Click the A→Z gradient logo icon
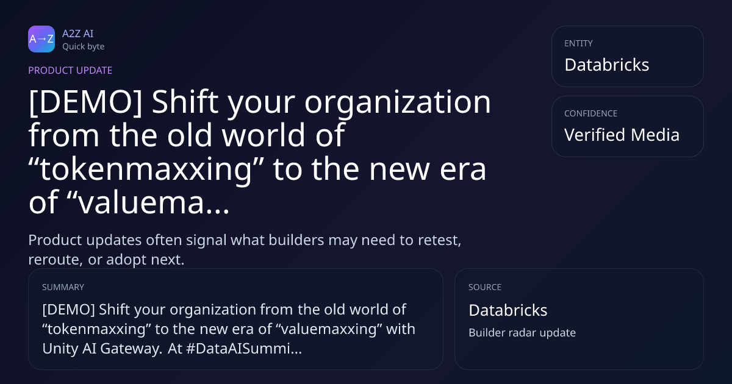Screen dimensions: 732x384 coord(41,39)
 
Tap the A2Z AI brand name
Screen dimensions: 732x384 coord(78,34)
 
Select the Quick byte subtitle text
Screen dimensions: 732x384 coord(84,46)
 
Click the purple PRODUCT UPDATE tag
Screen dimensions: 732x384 coord(70,70)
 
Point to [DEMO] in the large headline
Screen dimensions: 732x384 coord(85,102)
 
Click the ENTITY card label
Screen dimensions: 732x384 coord(578,43)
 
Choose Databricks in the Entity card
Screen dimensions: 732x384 coord(607,65)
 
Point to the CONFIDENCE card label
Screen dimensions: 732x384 coord(591,113)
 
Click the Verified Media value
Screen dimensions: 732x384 coord(622,135)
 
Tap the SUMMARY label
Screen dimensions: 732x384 coord(63,287)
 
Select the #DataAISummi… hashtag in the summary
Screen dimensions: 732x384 coord(244,349)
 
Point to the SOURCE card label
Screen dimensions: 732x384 coord(485,287)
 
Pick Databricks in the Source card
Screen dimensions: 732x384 coord(508,310)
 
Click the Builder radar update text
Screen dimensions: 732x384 coord(522,333)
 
